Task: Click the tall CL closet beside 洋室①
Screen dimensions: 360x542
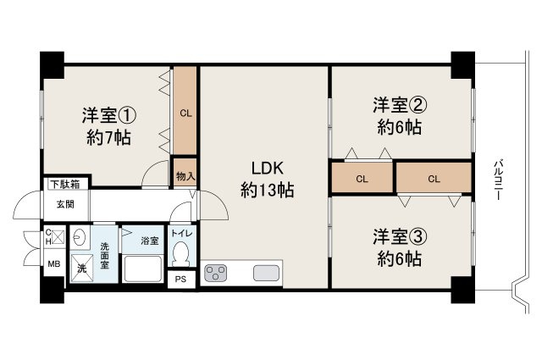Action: (185, 110)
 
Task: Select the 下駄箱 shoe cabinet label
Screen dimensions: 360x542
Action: (64, 184)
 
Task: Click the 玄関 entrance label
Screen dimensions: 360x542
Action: (65, 203)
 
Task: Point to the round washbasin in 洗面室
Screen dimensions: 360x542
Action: (80, 237)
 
